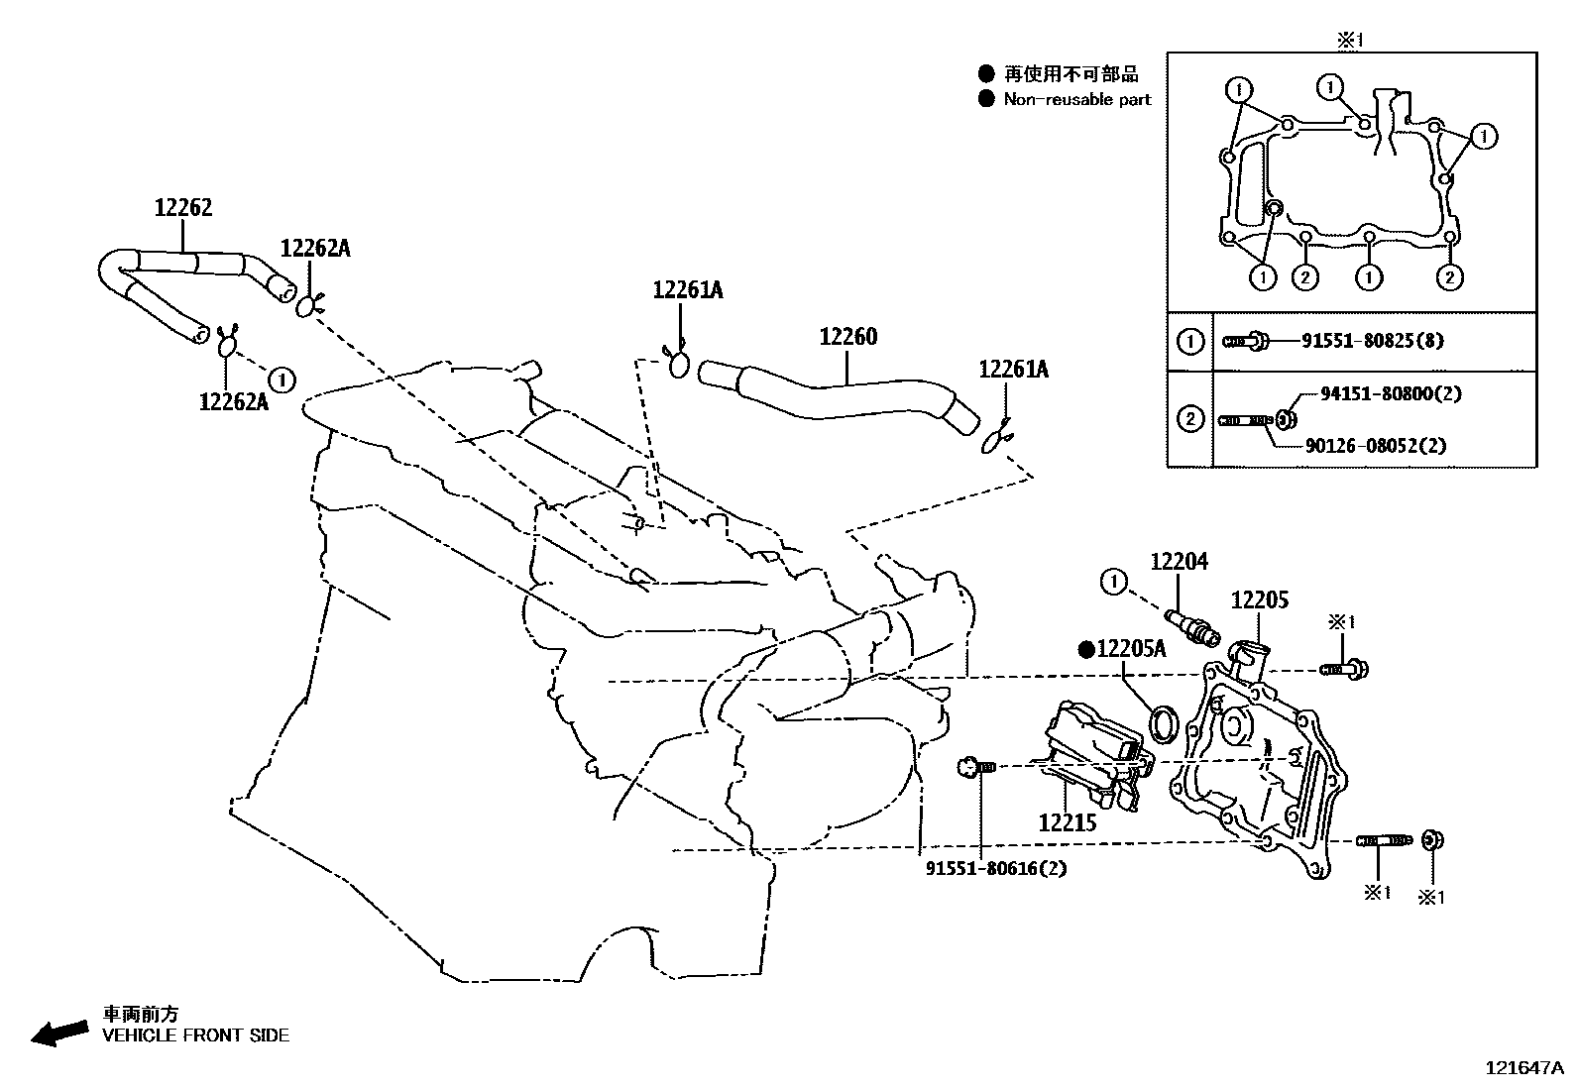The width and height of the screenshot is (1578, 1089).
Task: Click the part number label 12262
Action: [183, 208]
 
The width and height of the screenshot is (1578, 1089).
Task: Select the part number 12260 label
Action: [847, 337]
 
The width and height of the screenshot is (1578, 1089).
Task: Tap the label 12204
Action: [1179, 562]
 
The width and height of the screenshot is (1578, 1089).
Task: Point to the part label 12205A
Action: [1130, 649]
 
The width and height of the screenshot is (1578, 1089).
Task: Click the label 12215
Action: [1068, 822]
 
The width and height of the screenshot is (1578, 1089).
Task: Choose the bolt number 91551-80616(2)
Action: [982, 869]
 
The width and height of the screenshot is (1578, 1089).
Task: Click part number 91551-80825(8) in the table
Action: [1359, 341]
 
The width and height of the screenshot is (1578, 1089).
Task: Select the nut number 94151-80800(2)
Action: [1391, 393]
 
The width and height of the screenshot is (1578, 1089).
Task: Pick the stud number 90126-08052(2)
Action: [1375, 446]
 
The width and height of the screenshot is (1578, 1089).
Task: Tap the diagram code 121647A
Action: [1522, 1067]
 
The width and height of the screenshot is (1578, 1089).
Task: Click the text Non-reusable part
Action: [1077, 99]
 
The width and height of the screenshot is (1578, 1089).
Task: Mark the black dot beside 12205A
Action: [1085, 649]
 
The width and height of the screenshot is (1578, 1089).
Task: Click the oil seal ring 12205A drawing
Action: [1164, 724]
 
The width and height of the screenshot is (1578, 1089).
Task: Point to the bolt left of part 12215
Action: [975, 766]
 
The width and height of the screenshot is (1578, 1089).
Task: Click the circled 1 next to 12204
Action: [1114, 582]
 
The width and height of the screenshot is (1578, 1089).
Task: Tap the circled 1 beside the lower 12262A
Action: [282, 379]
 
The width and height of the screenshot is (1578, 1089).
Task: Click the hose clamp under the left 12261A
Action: [679, 364]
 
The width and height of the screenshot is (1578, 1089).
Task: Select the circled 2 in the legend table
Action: [1189, 419]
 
